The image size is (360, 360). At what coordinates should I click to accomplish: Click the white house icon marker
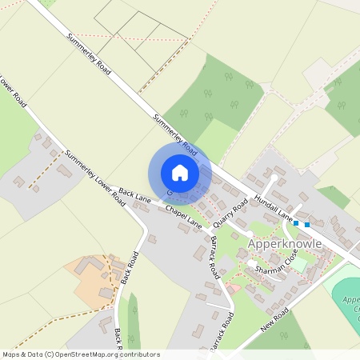pos(179,173)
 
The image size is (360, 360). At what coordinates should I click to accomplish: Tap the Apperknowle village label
pos(284,243)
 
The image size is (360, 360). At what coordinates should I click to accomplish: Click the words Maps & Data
pos(22,354)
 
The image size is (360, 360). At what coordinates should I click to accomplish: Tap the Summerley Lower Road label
pos(95,176)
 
